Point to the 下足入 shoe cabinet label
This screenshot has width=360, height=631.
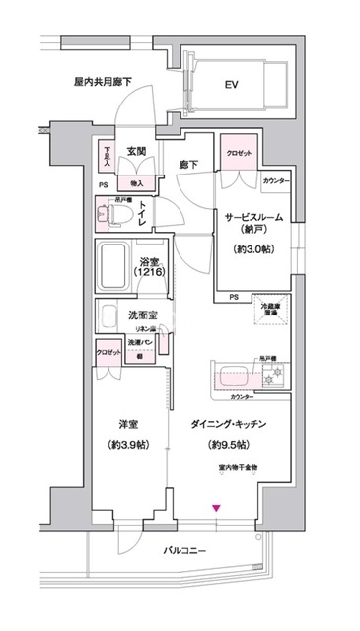point(108,156)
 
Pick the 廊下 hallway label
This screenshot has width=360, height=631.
point(189,166)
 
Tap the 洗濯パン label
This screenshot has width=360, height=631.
point(140,341)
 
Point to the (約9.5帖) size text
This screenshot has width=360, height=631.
point(231,445)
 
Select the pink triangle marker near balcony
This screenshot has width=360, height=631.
point(216,509)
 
